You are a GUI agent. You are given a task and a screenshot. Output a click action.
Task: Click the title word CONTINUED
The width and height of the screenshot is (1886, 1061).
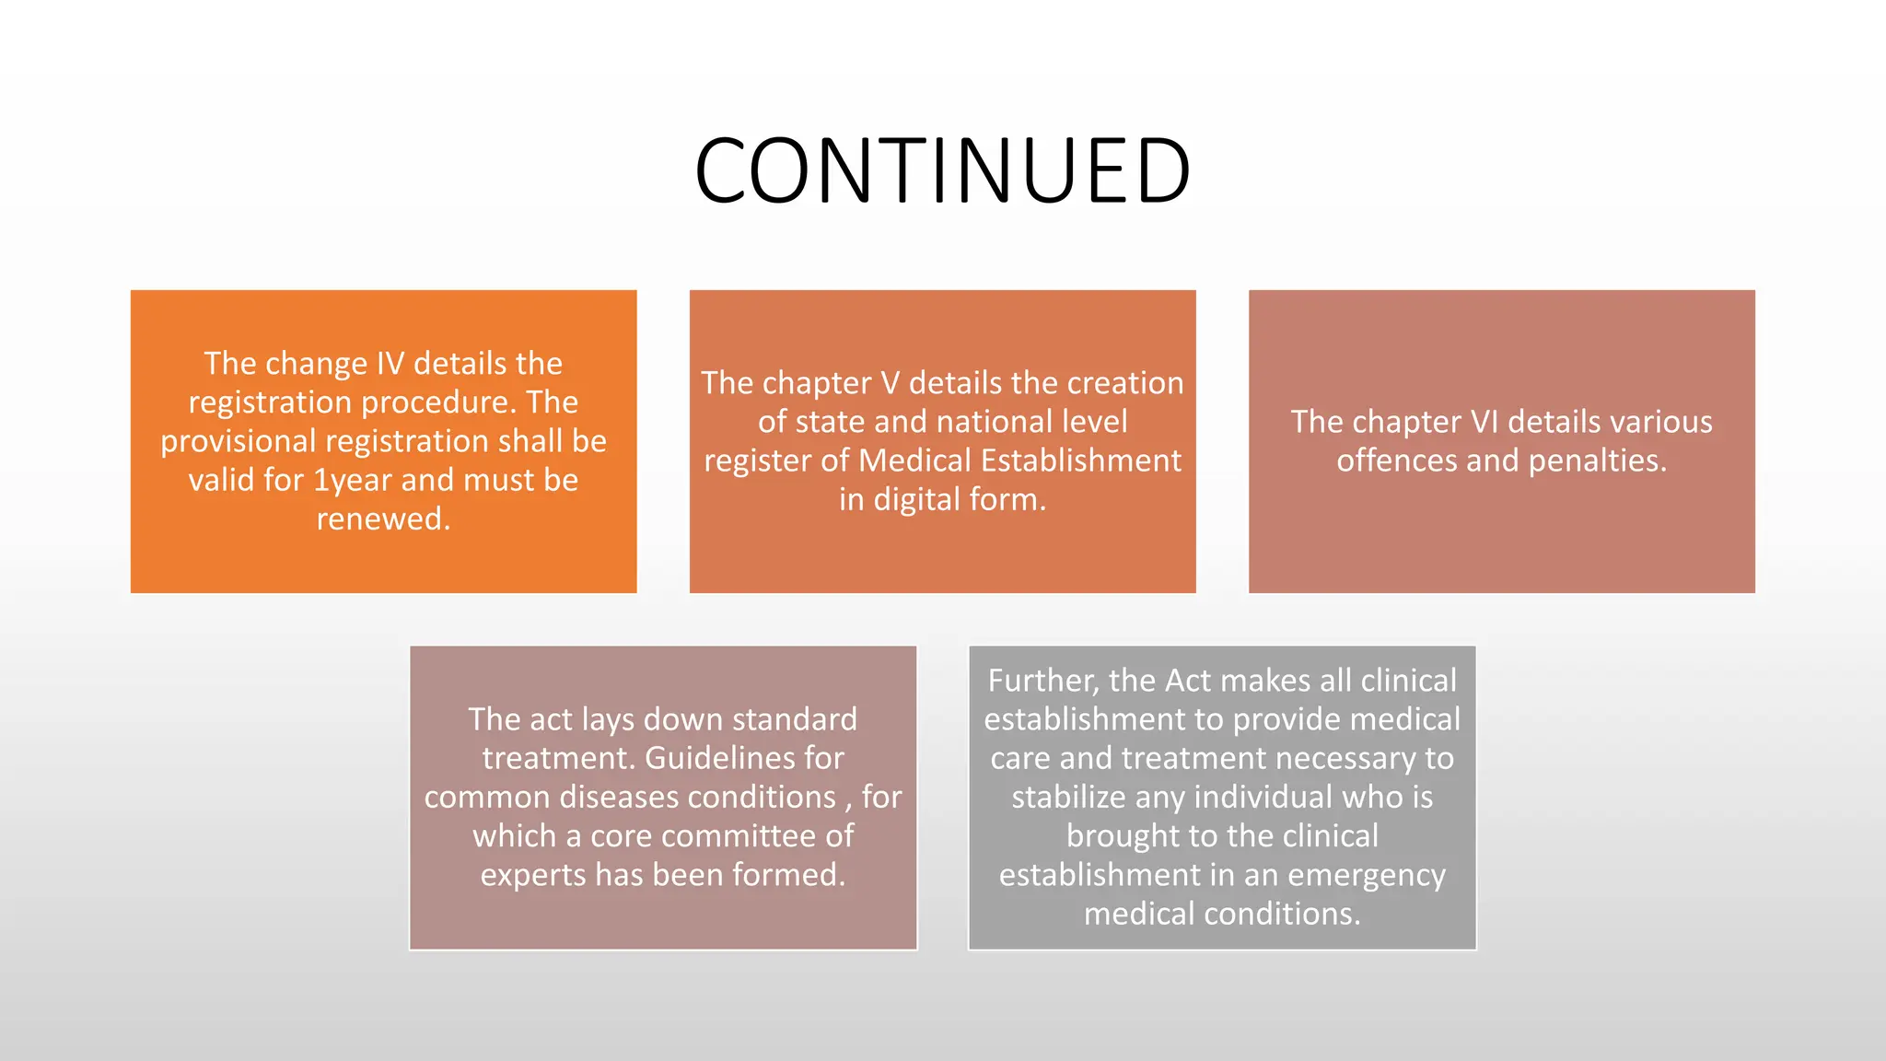[942, 171]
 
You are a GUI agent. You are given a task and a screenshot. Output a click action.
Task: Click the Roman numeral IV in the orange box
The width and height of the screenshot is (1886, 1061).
[390, 364]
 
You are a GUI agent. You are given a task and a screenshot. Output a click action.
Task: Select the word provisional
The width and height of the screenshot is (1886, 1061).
[239, 441]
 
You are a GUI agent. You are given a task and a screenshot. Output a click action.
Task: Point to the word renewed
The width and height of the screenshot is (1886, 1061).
[383, 519]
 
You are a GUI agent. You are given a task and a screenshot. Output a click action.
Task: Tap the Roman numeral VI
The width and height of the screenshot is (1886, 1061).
[1484, 422]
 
